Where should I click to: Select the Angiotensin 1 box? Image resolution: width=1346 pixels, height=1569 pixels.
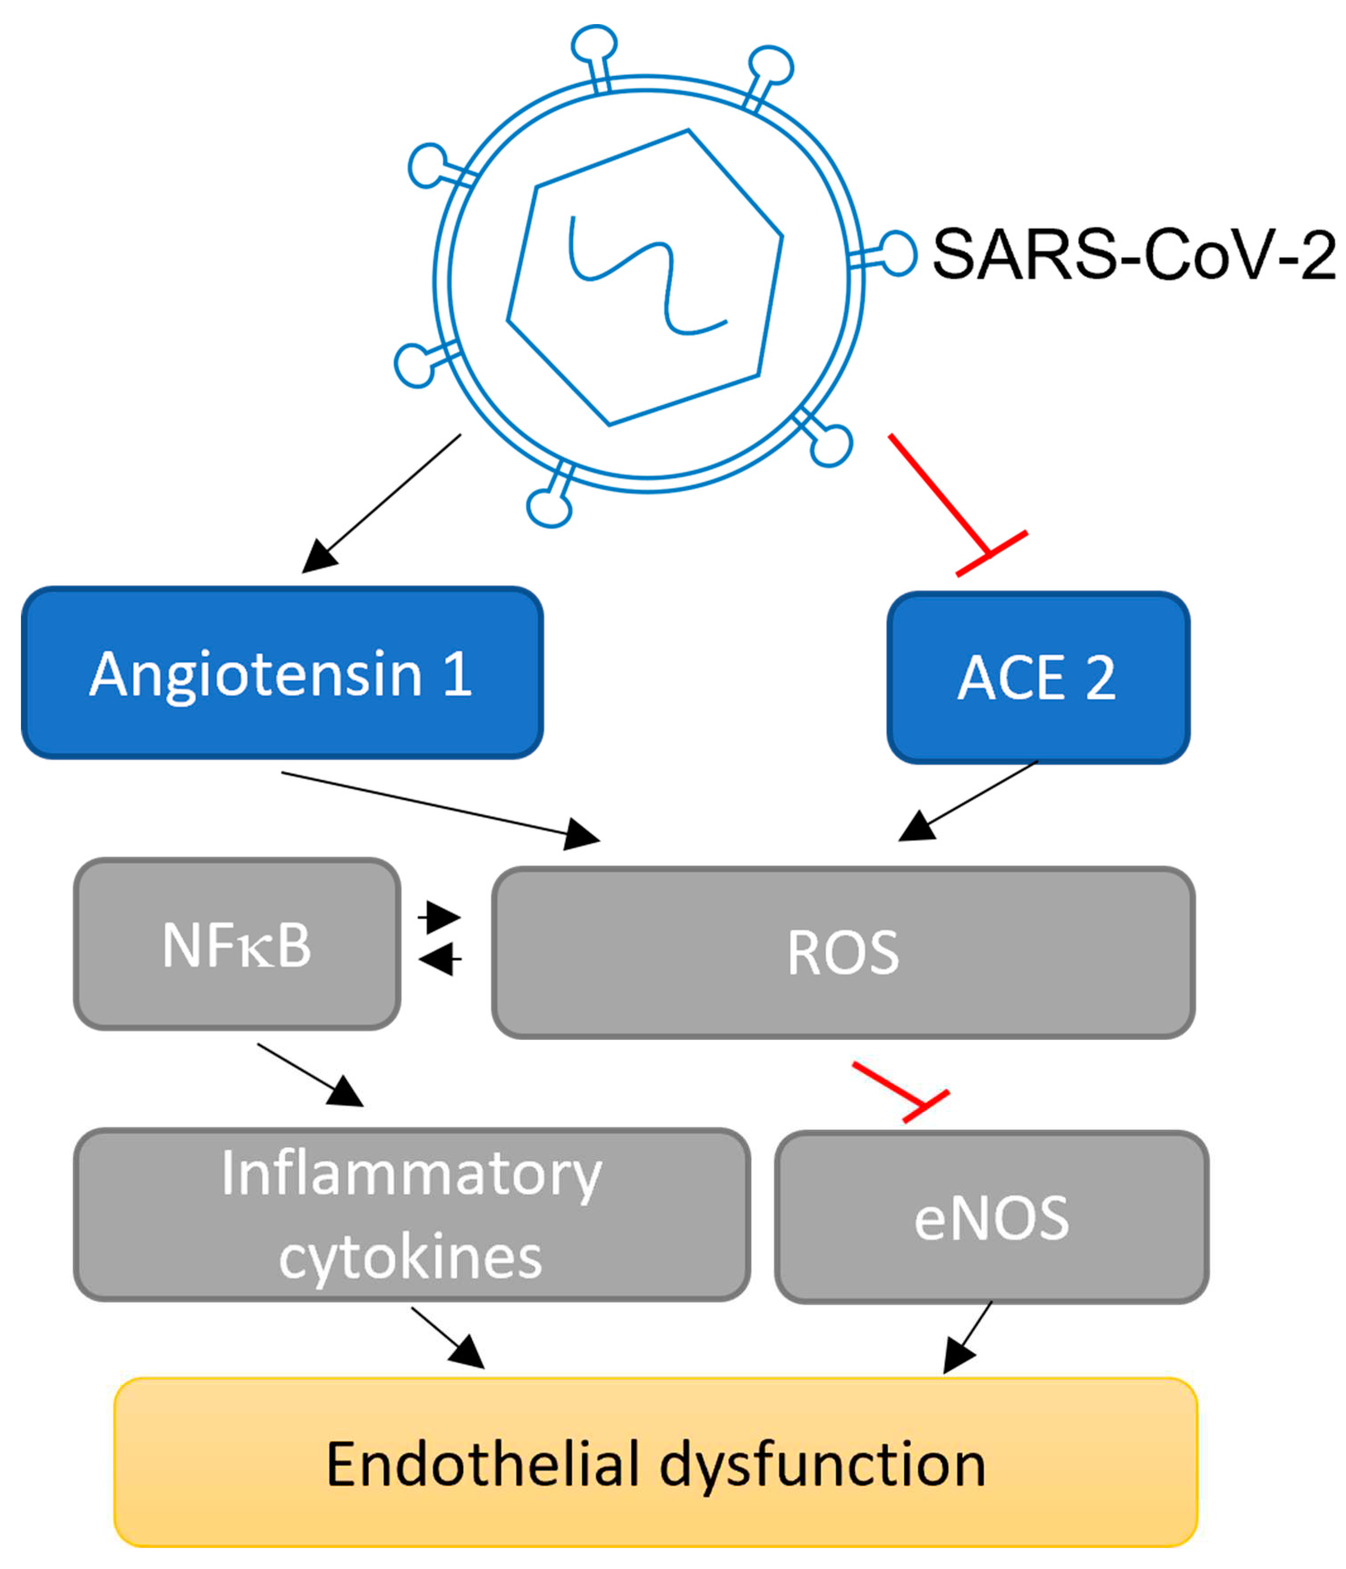[x=282, y=672]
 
